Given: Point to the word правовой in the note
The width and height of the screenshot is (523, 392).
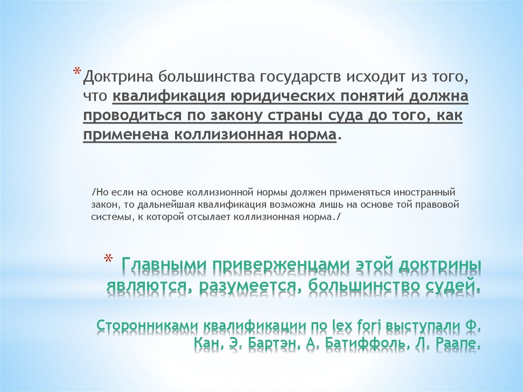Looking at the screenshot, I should tap(439, 205).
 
